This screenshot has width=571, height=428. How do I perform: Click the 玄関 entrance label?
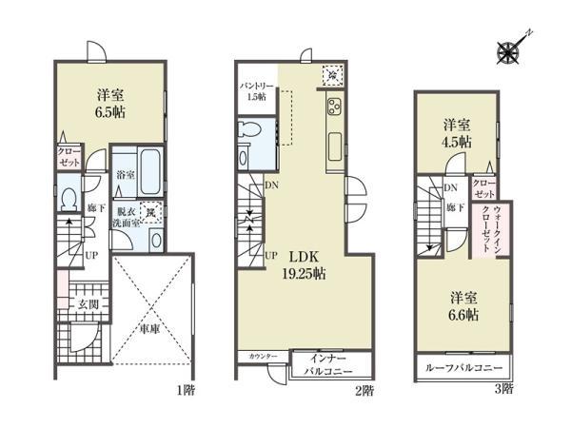click(89, 303)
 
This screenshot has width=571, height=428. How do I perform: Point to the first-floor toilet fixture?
click(68, 197)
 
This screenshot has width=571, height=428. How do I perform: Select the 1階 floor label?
click(183, 389)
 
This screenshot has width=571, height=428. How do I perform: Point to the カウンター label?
click(264, 356)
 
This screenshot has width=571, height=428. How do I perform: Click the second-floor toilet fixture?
click(246, 132)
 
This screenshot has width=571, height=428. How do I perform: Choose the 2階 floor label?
click(366, 389)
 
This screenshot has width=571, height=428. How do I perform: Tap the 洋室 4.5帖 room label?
click(457, 132)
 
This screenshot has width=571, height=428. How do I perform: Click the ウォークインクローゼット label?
click(498, 229)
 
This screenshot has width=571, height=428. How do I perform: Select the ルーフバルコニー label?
click(463, 367)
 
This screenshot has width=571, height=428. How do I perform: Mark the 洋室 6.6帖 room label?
click(463, 305)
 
